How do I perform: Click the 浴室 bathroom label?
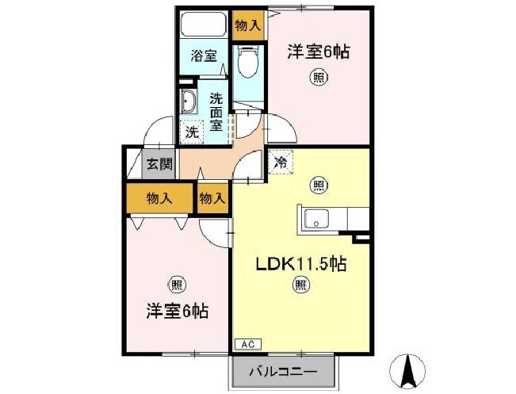click(x=204, y=56)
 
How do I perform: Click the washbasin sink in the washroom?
click(x=189, y=102)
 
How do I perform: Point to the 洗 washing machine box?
click(x=192, y=132)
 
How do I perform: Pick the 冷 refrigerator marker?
click(x=280, y=162)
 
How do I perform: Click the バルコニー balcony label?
click(x=284, y=370)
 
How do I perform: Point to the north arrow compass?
click(x=409, y=367)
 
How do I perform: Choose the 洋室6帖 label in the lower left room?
click(x=176, y=311)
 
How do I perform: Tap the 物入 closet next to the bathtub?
click(x=247, y=26)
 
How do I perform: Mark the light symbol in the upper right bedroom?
click(x=318, y=77)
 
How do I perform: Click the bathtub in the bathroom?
click(x=204, y=24)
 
